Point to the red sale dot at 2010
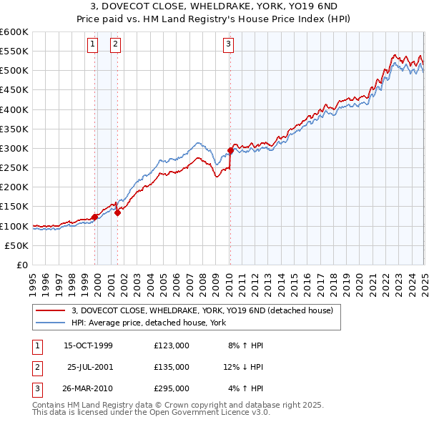[x=231, y=150]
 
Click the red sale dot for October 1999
[x=94, y=217]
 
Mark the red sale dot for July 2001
[x=118, y=212]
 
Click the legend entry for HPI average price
[x=149, y=323]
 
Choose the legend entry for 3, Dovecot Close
[x=202, y=310]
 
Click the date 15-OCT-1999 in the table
[x=89, y=345]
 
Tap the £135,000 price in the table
[x=172, y=367]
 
